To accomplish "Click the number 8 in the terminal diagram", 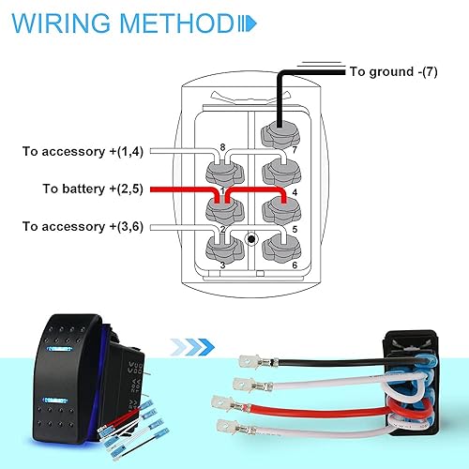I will pos(222,146).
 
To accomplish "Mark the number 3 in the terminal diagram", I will pos(221,265).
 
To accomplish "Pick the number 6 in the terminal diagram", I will pos(295,265).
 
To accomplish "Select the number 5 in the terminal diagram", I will pos(295,228).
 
